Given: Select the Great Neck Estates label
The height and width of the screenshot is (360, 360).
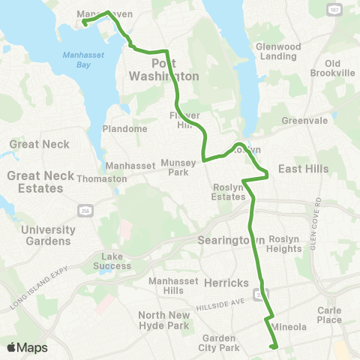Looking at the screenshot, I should [40, 181].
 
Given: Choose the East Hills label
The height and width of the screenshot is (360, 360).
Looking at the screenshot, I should [303, 169].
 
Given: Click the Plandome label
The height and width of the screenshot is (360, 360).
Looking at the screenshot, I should [124, 128].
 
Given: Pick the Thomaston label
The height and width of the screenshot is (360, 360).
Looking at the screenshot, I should [106, 179].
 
